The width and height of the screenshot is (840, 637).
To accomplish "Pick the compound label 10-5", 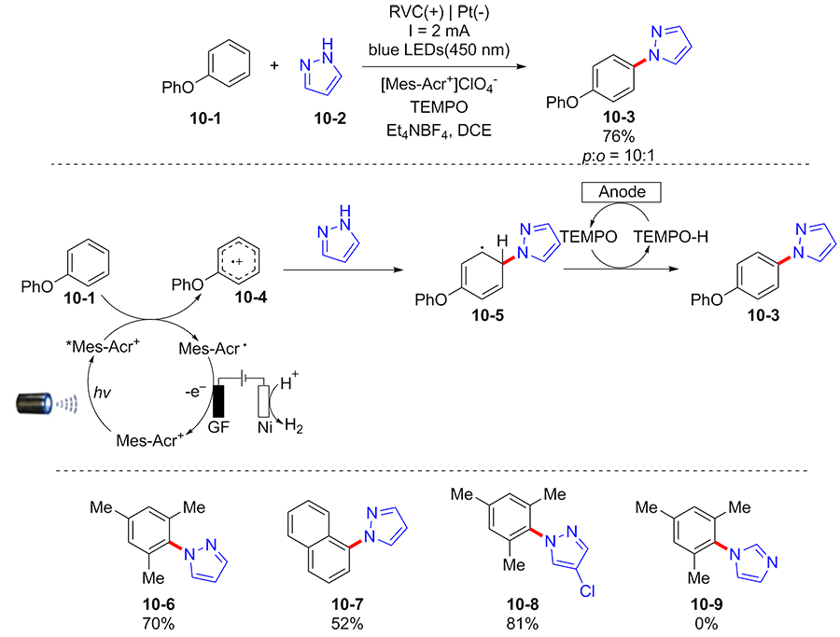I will tap(490, 314).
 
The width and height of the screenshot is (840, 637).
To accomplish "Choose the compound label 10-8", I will tap(521, 605).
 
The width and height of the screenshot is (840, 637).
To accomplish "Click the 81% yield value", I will tap(521, 623).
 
